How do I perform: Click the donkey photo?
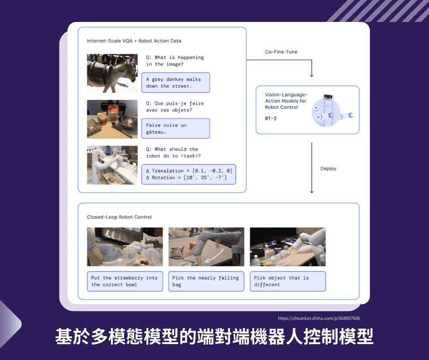(x=112, y=73)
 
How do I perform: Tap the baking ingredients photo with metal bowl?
(x=112, y=119)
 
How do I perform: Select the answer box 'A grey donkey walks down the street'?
(x=176, y=83)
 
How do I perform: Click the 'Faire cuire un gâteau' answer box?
(x=176, y=128)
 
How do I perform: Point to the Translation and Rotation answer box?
(x=188, y=174)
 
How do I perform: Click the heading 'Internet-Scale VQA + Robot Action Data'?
(x=134, y=41)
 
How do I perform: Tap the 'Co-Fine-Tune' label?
(x=281, y=52)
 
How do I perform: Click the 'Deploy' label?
(x=328, y=169)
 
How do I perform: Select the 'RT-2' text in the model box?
(x=271, y=118)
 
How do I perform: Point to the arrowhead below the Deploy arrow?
(x=312, y=191)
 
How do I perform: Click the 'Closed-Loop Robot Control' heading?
(x=119, y=217)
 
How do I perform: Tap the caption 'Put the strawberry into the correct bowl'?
(x=125, y=281)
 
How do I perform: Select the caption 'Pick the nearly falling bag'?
(x=206, y=281)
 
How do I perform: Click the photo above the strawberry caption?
(x=125, y=247)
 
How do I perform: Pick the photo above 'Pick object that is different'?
(x=288, y=247)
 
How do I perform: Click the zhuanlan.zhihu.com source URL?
(x=319, y=318)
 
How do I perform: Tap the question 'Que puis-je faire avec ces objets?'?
(x=175, y=106)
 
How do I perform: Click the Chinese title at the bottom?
(x=214, y=336)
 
